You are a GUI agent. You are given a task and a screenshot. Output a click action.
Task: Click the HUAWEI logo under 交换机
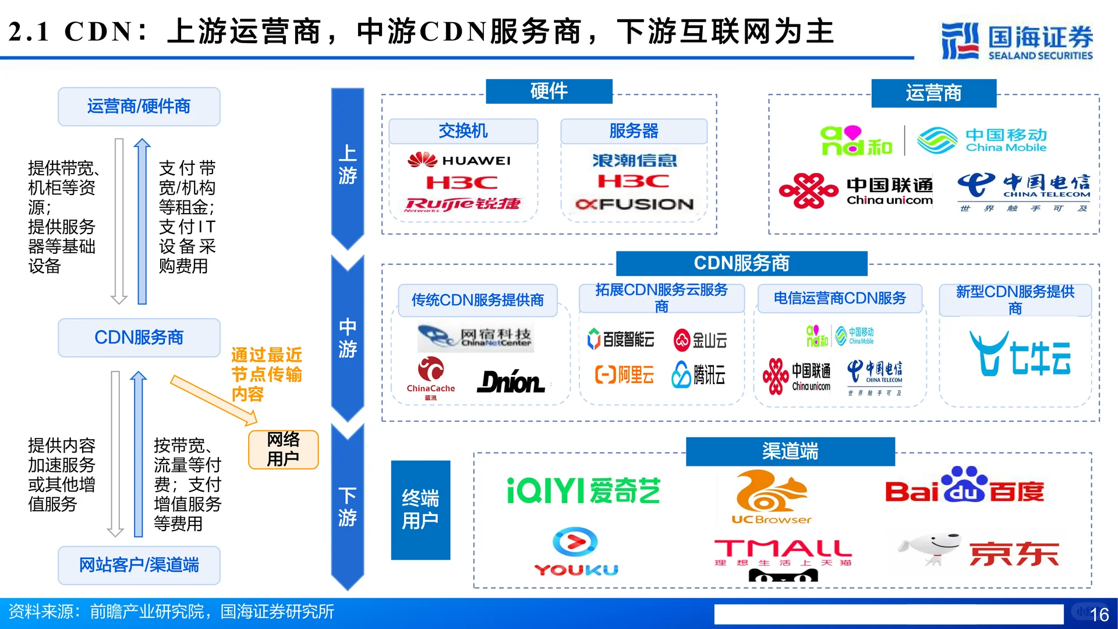pyautogui.click(x=460, y=160)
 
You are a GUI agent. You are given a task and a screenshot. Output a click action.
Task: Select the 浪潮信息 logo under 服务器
pyautogui.click(x=634, y=160)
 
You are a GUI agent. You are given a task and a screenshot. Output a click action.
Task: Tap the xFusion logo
pyautogui.click(x=634, y=204)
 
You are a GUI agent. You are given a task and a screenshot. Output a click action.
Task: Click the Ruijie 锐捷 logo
pyautogui.click(x=463, y=204)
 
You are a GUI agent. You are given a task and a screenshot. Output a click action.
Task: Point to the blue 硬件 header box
pyautogui.click(x=549, y=91)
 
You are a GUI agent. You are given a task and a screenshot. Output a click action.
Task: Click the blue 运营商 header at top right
pyautogui.click(x=933, y=93)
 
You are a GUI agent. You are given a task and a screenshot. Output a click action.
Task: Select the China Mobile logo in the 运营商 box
pyautogui.click(x=982, y=140)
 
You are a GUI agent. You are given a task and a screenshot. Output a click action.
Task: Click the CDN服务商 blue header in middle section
pyautogui.click(x=741, y=263)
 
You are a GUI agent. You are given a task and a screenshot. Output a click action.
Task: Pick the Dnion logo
pyautogui.click(x=511, y=382)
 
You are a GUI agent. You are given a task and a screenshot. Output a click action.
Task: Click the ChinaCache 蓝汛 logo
pyautogui.click(x=431, y=377)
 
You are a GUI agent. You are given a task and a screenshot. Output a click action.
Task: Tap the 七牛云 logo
pyautogui.click(x=1019, y=354)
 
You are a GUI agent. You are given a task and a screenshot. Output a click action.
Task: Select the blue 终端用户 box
pyautogui.click(x=420, y=510)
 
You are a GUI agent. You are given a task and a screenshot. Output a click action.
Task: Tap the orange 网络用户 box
pyautogui.click(x=283, y=449)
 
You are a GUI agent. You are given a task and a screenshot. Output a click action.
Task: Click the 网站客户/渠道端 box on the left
pyautogui.click(x=139, y=565)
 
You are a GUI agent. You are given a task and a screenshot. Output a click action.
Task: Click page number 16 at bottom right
pyautogui.click(x=1099, y=614)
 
